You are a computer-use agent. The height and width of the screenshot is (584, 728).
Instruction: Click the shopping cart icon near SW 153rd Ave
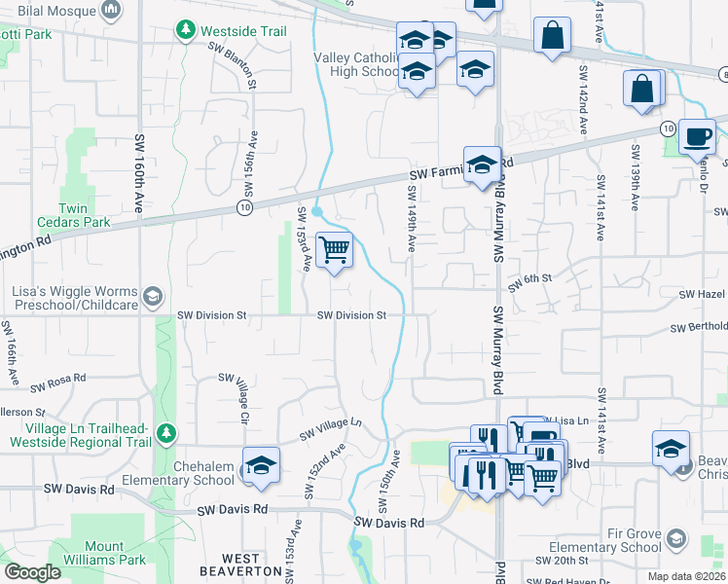point(335,250)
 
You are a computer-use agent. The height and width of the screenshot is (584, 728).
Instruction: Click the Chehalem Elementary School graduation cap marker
point(260,468)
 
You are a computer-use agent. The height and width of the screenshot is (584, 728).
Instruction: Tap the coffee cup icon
point(697,137)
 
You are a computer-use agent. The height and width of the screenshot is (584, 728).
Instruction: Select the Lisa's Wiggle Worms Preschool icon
point(152,295)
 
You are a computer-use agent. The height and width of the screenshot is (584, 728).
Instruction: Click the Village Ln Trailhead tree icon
point(166,430)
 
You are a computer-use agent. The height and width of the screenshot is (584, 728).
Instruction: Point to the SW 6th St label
point(529,278)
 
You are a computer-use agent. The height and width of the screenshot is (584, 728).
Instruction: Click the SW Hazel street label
point(704,293)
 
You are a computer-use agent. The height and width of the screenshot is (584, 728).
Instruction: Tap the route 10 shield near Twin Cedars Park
point(243,207)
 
